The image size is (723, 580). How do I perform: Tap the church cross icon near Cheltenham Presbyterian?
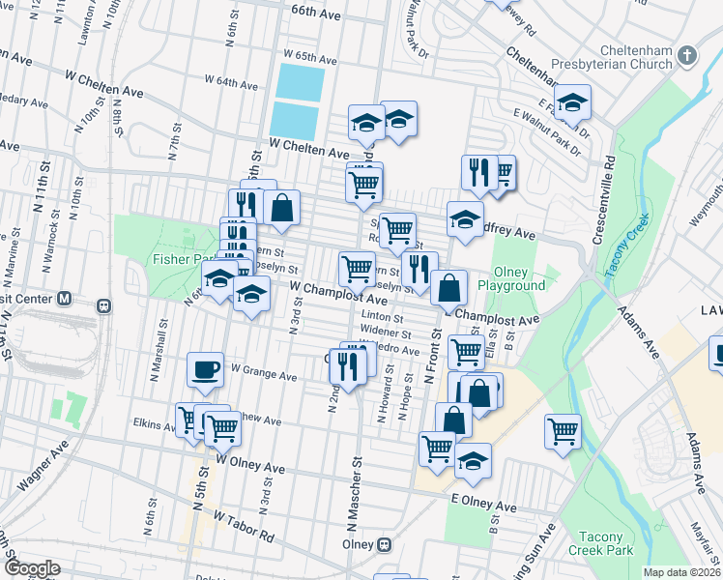click(x=688, y=56)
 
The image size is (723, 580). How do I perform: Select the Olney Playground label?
click(x=519, y=278)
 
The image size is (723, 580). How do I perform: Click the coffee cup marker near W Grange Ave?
click(x=205, y=369)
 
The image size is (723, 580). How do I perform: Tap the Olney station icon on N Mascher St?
click(x=386, y=544)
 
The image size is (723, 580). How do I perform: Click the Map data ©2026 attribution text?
click(x=681, y=572)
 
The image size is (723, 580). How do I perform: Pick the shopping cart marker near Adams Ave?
click(x=563, y=431)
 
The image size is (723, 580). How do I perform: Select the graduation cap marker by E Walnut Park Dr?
click(x=572, y=102)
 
